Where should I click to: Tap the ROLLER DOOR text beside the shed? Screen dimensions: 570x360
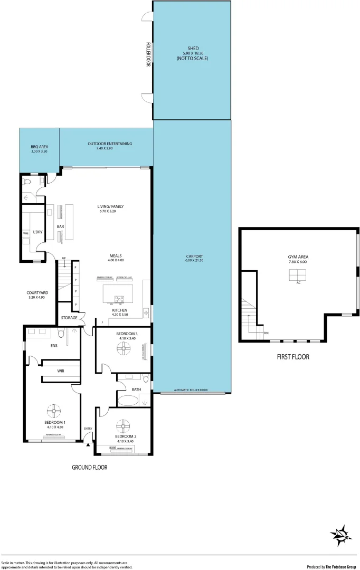click(148, 54)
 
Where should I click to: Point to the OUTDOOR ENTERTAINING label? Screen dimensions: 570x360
click(110, 144)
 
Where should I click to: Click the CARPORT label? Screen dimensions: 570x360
click(194, 257)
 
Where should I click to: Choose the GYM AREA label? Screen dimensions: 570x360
click(299, 256)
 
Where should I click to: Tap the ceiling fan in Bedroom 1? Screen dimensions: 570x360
click(54, 410)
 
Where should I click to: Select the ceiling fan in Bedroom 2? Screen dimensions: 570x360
click(124, 425)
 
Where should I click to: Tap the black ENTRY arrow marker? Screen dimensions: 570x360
click(88, 445)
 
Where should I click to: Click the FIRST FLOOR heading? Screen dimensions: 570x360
click(293, 357)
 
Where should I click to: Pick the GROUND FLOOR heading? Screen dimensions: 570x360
click(89, 467)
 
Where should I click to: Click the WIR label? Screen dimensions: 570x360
click(61, 371)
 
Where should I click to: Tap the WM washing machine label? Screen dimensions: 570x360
click(25, 233)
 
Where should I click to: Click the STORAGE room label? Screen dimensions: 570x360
click(69, 317)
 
